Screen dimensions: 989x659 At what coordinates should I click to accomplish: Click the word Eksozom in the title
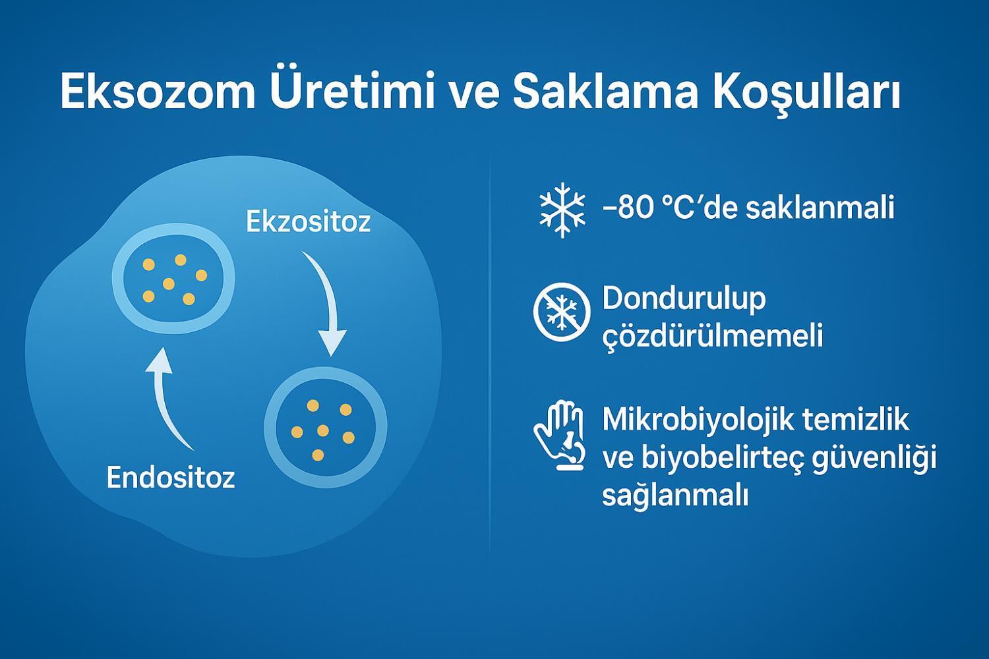tap(158, 92)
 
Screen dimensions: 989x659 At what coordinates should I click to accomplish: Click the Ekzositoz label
tap(308, 221)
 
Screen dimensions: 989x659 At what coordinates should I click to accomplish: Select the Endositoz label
tap(170, 478)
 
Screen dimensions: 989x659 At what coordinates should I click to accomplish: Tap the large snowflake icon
tap(562, 210)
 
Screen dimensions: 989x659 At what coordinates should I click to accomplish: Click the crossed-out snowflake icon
tap(562, 312)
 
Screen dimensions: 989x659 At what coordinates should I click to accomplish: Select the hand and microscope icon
tap(560, 435)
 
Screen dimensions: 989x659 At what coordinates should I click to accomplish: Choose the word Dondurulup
tap(684, 299)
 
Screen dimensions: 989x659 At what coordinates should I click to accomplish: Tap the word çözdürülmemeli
tap(713, 336)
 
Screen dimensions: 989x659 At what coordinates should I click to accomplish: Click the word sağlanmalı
tap(675, 496)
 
